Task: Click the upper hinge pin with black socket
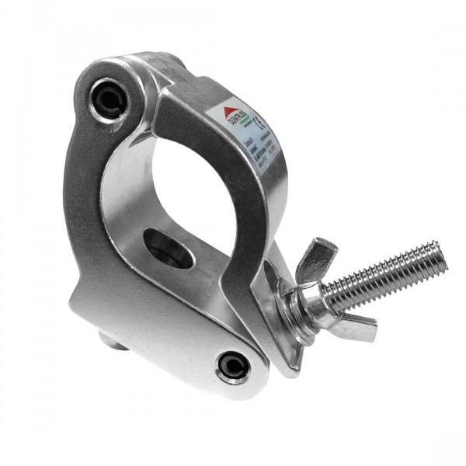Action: coord(107,98)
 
